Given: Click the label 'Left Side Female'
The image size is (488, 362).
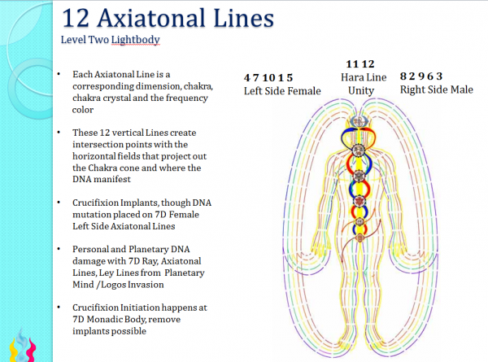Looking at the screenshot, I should coord(282,90).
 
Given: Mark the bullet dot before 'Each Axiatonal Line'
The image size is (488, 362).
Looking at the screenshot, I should coord(59,73).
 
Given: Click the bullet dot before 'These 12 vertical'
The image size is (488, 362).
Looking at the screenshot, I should coord(59,132).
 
